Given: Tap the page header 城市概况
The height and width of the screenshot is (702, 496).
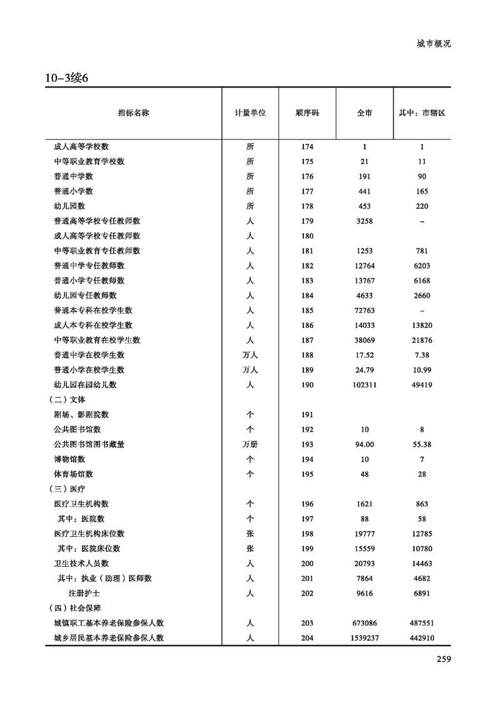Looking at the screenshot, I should point(433,44).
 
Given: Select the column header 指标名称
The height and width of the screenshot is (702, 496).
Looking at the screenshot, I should point(133,113).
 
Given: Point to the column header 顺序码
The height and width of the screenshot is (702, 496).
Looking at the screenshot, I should point(307,113).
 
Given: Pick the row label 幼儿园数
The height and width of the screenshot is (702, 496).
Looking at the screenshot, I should point(69,206).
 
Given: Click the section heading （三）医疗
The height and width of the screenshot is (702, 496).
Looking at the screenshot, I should point(68,489).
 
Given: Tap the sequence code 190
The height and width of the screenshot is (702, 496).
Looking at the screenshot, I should point(307,385).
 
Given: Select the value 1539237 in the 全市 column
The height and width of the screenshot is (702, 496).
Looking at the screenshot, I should point(364,638).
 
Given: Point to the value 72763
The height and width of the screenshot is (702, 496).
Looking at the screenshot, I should point(364,310).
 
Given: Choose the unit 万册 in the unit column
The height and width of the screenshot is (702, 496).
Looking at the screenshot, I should point(250,444).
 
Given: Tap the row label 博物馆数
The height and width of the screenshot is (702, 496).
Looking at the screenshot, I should point(69,459).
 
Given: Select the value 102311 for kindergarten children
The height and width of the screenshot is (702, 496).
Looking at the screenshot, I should point(364,385).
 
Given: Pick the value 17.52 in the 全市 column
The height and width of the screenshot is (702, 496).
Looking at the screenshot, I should point(364,355).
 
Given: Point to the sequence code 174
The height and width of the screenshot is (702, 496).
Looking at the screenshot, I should point(307,146).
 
